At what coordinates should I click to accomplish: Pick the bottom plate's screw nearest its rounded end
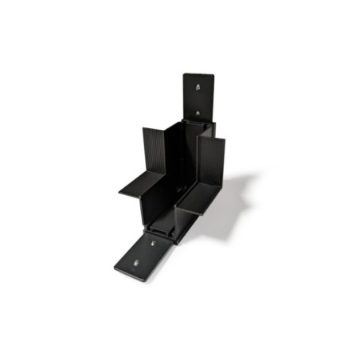[x=136, y=263]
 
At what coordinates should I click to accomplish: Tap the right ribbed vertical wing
[x=213, y=163]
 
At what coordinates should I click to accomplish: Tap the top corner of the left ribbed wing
[x=144, y=129]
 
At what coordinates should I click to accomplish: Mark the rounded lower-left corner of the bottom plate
[x=116, y=269]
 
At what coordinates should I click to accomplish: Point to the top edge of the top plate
[x=198, y=75]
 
